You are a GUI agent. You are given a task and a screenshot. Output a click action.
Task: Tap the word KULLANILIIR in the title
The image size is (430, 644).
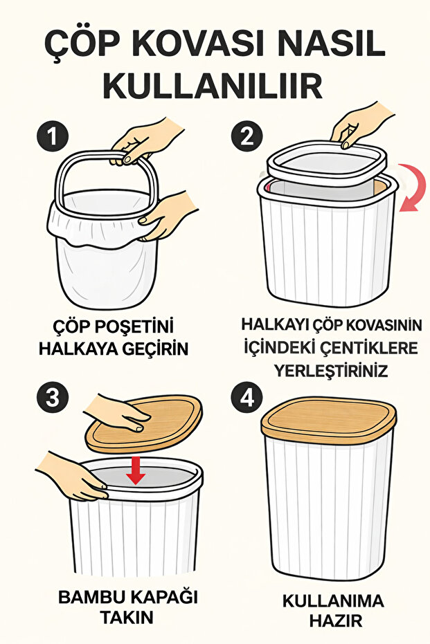pos(213,86)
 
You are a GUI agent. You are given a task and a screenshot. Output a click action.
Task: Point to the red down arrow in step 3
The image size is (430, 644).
pos(136,470)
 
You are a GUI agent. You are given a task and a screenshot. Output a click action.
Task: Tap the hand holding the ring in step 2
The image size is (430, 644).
pos(359,125)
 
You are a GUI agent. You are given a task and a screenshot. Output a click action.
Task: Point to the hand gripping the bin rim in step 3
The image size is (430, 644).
pos(69,475)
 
